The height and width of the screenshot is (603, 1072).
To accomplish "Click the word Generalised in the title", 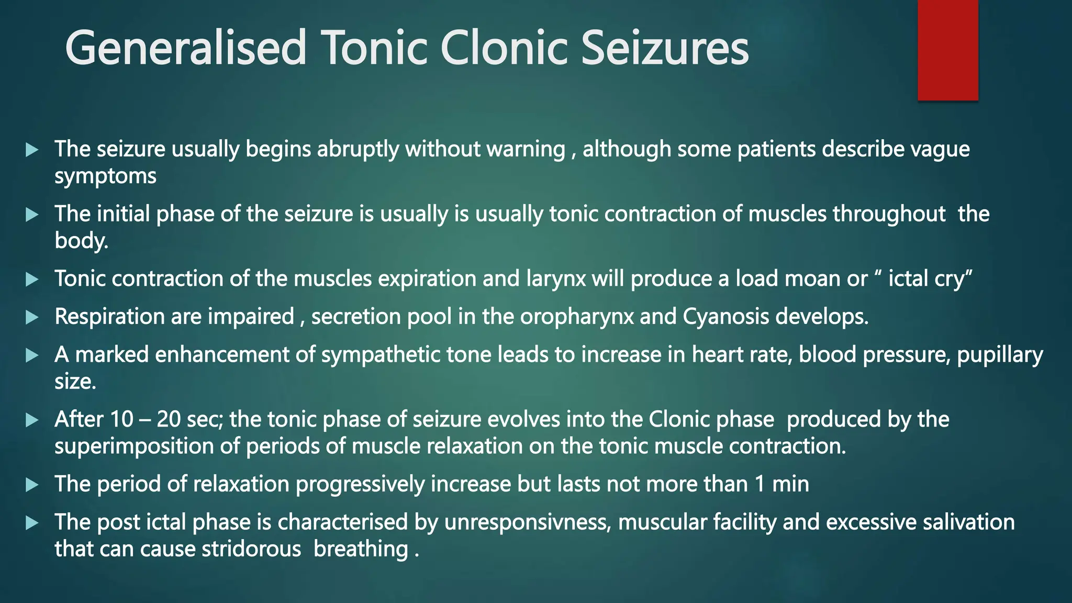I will tap(185, 48).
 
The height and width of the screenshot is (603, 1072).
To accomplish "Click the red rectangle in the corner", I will tap(947, 50).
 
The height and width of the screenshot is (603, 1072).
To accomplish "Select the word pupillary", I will tap(1000, 355).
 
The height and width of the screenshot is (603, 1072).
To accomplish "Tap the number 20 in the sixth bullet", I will tap(169, 420).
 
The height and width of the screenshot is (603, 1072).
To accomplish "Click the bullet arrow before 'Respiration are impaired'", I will tap(32, 317).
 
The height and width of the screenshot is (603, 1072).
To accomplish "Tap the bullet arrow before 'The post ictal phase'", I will tap(32, 522).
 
